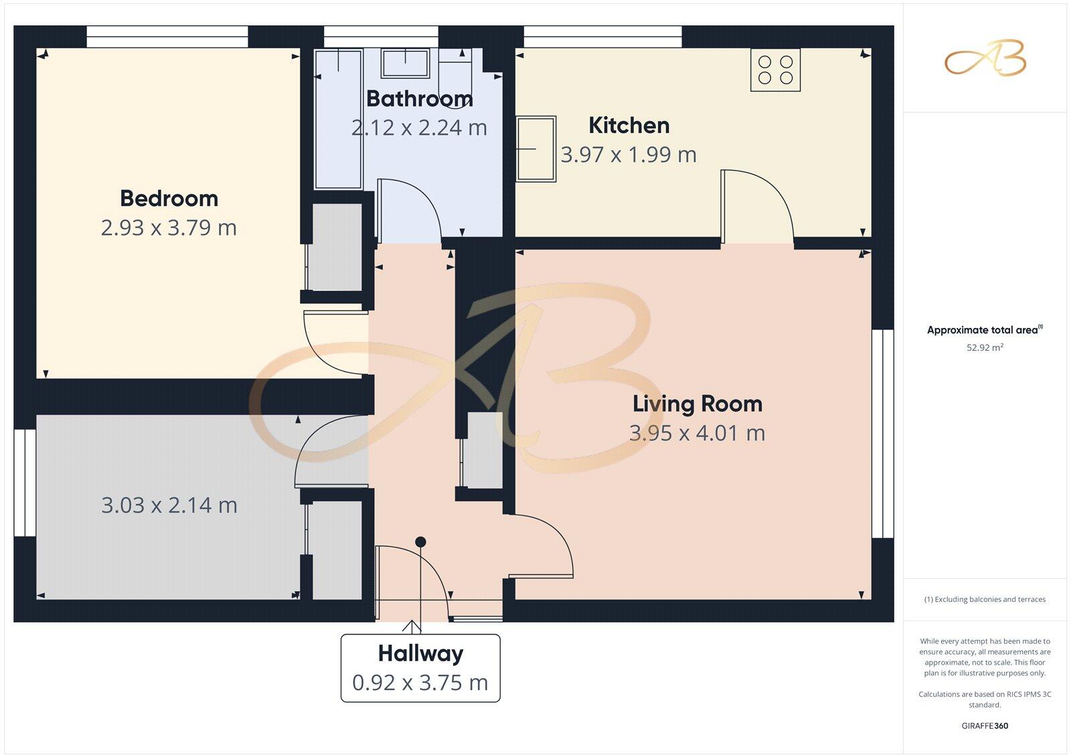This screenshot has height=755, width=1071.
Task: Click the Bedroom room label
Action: (169, 198)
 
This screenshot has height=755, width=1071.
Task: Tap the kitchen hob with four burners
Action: (775, 70)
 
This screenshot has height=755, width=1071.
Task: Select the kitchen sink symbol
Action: (535, 149)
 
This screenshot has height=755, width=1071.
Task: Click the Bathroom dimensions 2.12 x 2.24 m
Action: (419, 127)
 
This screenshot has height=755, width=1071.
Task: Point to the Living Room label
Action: (697, 404)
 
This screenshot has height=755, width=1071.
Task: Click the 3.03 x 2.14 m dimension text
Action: (169, 505)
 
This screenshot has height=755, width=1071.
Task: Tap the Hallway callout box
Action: (420, 667)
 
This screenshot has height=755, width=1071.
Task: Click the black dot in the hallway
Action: (420, 541)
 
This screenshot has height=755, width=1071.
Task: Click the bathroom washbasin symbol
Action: (406, 63)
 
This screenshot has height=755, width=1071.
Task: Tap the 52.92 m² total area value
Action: (984, 347)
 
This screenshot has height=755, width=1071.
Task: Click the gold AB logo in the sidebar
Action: (985, 58)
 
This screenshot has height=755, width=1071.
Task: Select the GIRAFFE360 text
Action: (984, 726)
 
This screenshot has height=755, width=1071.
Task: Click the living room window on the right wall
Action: (882, 433)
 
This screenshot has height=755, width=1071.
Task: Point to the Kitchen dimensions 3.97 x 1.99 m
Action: (628, 155)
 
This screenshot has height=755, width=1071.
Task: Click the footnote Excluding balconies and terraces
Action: (984, 599)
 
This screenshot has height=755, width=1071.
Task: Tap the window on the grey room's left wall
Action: (25, 483)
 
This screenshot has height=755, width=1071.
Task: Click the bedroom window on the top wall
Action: (167, 36)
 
